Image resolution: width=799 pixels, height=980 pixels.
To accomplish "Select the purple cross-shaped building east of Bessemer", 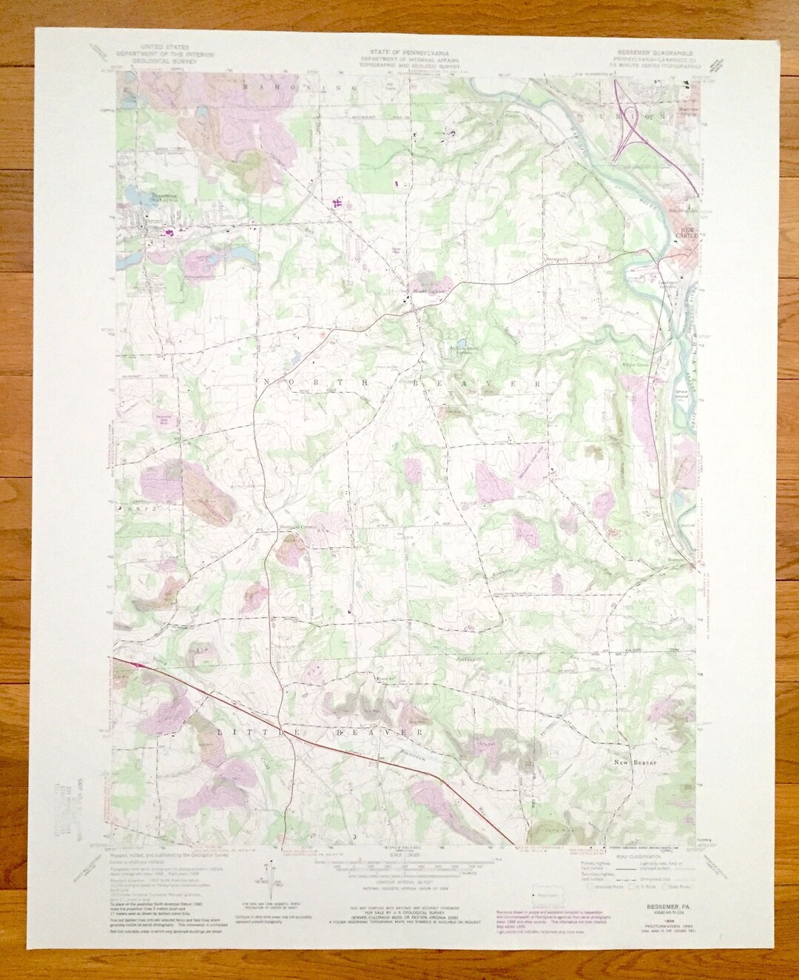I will click(x=339, y=201).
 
